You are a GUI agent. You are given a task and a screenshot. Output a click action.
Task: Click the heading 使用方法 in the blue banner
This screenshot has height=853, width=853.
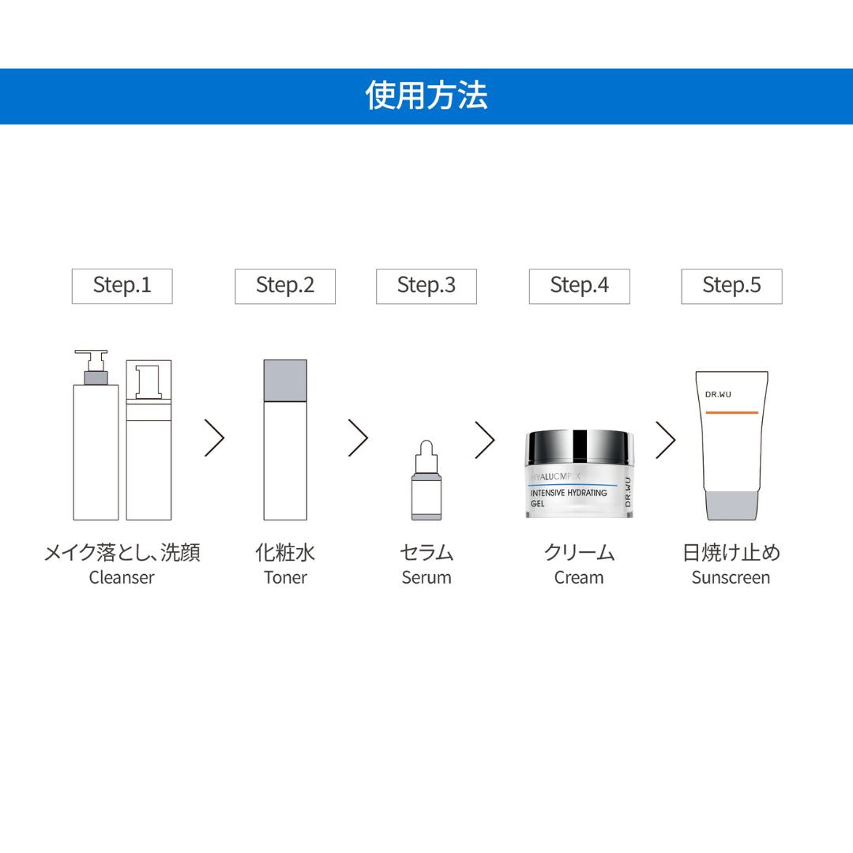click(426, 96)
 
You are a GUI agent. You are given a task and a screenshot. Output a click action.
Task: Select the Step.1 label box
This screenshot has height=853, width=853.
click(122, 286)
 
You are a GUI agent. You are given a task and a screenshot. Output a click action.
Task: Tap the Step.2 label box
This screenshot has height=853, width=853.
click(285, 286)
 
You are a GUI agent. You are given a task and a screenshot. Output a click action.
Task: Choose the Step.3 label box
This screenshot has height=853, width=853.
click(426, 286)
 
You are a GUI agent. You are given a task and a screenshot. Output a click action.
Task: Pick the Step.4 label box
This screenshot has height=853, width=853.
click(579, 286)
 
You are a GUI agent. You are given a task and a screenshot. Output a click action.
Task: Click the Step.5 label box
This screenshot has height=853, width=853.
click(731, 286)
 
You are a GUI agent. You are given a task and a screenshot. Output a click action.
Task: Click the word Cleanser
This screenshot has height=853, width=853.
click(122, 577)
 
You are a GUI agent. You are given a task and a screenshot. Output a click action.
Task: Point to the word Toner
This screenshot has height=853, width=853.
click(285, 577)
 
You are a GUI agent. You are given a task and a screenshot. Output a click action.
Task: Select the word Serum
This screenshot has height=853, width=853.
click(426, 577)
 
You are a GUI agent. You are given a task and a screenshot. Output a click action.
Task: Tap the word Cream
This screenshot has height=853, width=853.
click(579, 577)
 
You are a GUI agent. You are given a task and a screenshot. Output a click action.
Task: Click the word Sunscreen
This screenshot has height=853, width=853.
click(731, 577)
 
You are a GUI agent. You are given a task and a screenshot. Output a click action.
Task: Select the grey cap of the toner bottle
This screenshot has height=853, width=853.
click(284, 379)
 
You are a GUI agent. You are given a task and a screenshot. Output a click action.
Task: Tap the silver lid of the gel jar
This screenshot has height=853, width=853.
click(579, 449)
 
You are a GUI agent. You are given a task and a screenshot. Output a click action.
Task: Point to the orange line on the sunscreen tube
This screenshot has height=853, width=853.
click(731, 413)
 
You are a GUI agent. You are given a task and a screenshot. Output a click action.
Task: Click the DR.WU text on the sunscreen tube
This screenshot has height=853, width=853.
click(720, 394)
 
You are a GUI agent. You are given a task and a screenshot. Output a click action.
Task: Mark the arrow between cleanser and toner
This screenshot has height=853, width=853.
click(215, 438)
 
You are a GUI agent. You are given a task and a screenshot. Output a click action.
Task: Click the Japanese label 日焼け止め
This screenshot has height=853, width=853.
click(731, 552)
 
